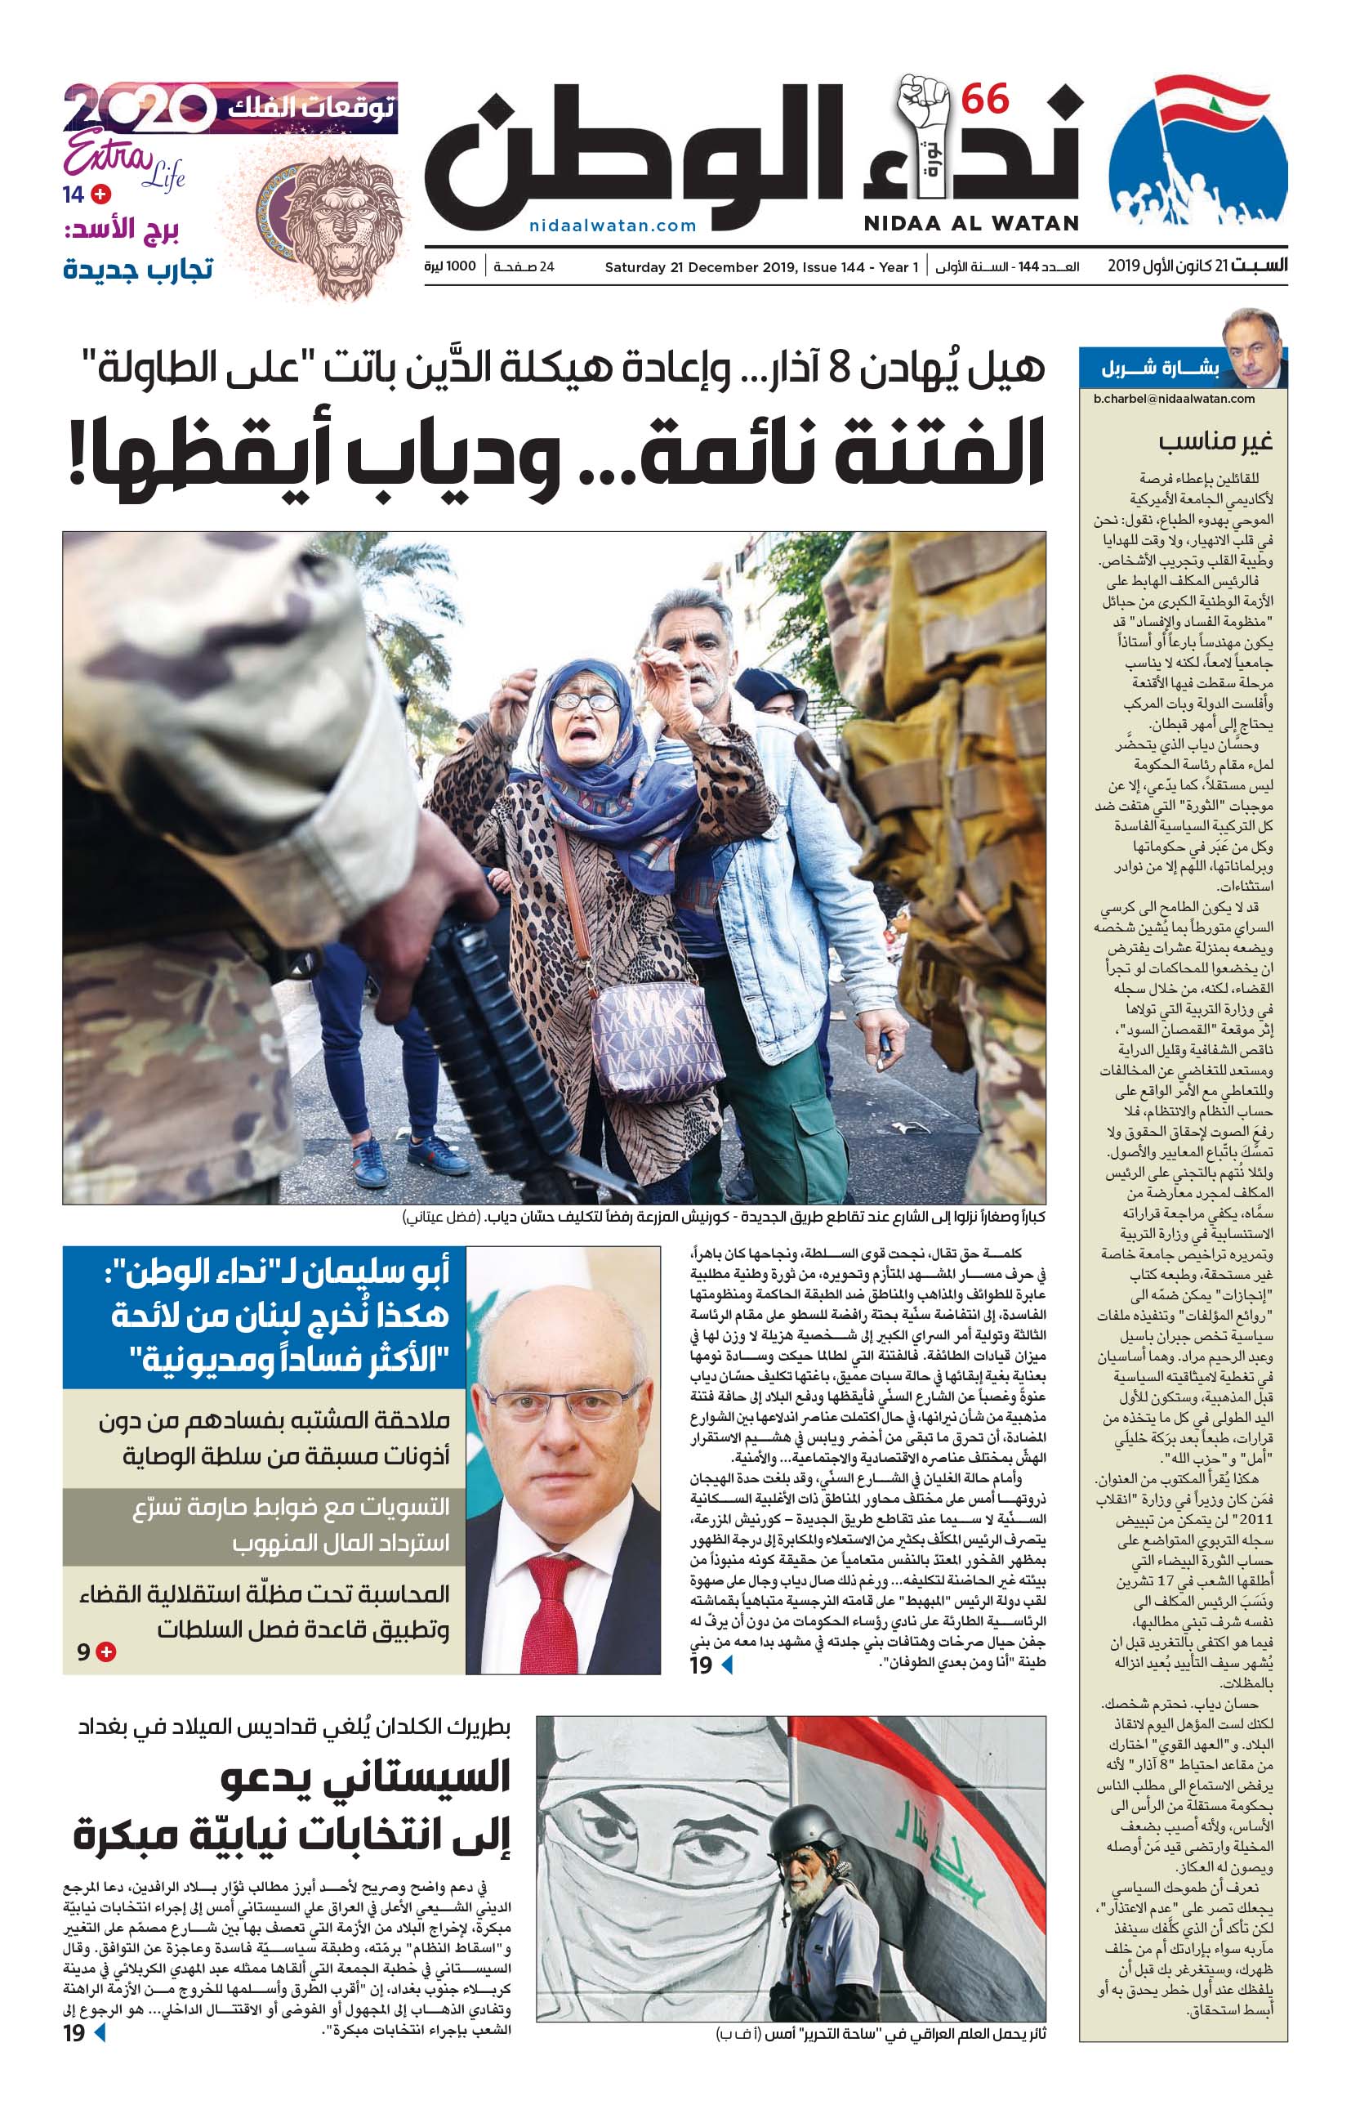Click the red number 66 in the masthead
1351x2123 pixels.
984,100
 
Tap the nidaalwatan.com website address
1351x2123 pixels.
613,226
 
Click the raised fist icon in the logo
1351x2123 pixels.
922,108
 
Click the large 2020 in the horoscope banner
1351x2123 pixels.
139,110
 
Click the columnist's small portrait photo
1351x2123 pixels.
1251,347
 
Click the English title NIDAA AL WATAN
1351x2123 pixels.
971,224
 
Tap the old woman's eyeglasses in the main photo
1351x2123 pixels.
584,703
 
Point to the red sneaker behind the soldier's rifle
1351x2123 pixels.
368,1160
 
